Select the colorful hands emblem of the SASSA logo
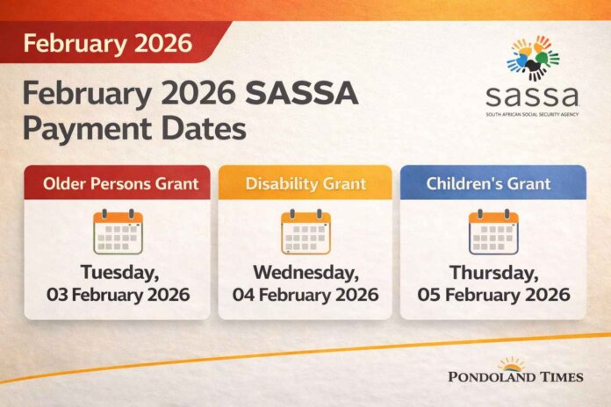(x=533, y=58)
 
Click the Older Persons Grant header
(x=117, y=183)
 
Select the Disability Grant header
(x=305, y=183)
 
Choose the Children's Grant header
(x=493, y=183)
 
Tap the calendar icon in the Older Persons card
(x=118, y=232)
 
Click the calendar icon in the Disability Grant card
(x=305, y=232)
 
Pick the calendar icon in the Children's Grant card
(x=493, y=232)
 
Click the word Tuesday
(x=117, y=271)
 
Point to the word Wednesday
(x=305, y=271)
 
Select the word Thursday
(x=493, y=271)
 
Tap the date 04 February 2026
(x=305, y=295)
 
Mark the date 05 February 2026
(x=493, y=295)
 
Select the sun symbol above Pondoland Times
(x=514, y=362)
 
